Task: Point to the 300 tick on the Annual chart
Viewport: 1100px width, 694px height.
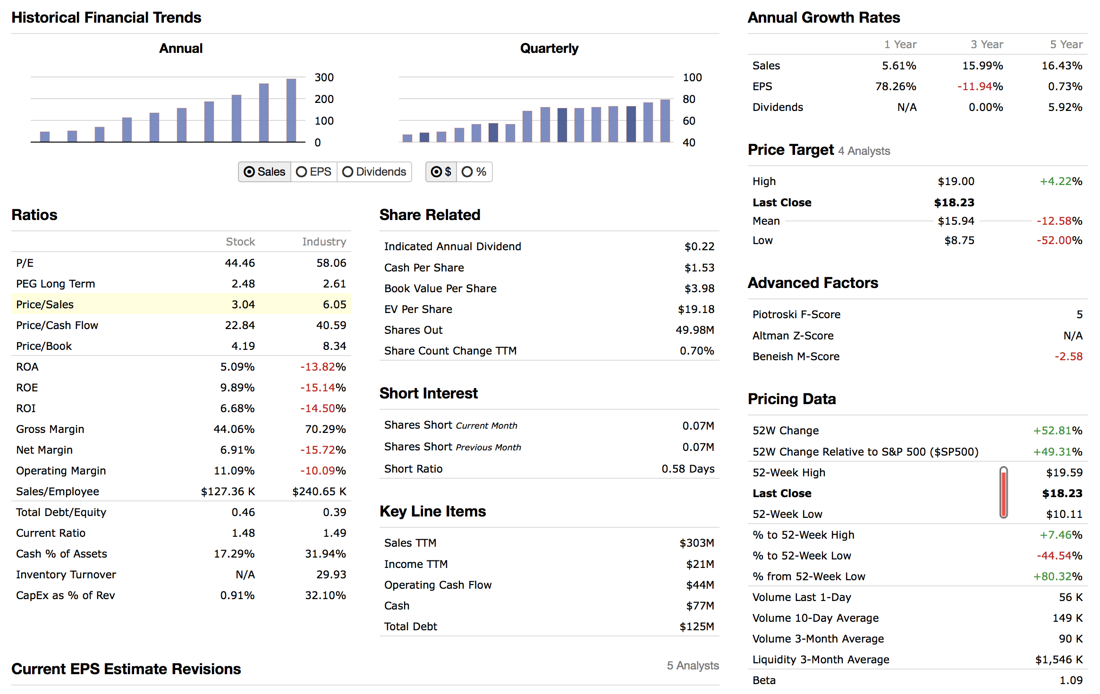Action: pos(324,77)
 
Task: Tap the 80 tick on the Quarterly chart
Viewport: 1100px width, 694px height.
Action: pos(689,99)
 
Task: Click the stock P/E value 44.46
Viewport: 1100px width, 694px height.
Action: pos(240,263)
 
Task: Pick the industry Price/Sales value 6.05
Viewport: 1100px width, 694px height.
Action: pos(334,305)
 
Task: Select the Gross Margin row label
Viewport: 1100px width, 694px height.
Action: pos(50,429)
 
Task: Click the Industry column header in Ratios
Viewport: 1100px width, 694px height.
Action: pos(324,242)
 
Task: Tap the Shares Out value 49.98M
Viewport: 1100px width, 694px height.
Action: pos(695,330)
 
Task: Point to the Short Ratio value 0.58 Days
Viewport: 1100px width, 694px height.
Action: pos(688,469)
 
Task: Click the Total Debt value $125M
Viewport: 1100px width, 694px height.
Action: pos(696,626)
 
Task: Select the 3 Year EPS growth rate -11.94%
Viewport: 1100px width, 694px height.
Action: pos(980,86)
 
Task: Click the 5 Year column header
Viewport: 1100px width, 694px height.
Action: pos(1066,44)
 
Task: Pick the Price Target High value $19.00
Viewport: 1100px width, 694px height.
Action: pos(956,181)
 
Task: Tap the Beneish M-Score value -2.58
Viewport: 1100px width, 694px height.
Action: pos(1068,356)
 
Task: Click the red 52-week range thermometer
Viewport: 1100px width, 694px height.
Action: pos(1004,493)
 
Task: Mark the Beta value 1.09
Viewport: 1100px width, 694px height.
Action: pos(1071,680)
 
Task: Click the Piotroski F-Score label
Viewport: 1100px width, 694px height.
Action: pos(796,314)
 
